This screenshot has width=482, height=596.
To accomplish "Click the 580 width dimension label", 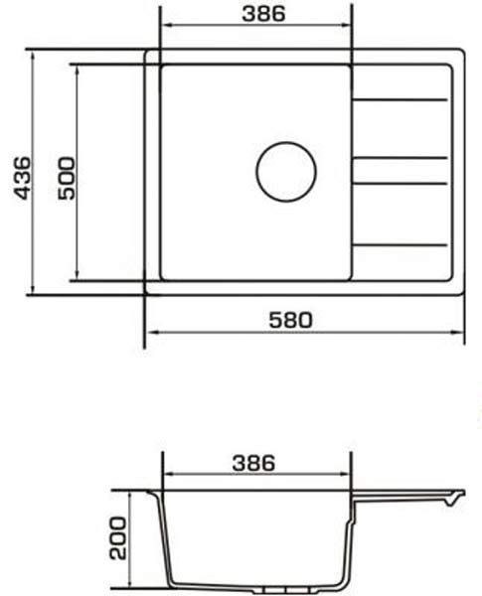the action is pyautogui.click(x=290, y=320).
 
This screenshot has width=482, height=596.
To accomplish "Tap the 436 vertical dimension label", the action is pyautogui.click(x=22, y=178).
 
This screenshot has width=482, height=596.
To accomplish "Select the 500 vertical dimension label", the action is pyautogui.click(x=67, y=178).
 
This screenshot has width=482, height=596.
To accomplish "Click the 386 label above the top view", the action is pyautogui.click(x=263, y=14).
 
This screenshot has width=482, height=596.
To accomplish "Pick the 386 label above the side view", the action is pyautogui.click(x=253, y=463).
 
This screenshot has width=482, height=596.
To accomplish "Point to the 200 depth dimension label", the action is pyautogui.click(x=117, y=537).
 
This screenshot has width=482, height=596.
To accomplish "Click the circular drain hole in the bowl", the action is pyautogui.click(x=286, y=172).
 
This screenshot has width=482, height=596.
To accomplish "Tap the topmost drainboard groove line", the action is pyautogui.click(x=400, y=100).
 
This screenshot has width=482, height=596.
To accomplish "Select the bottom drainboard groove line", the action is pyautogui.click(x=400, y=245).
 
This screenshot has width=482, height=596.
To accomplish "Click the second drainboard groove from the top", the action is pyautogui.click(x=400, y=157).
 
